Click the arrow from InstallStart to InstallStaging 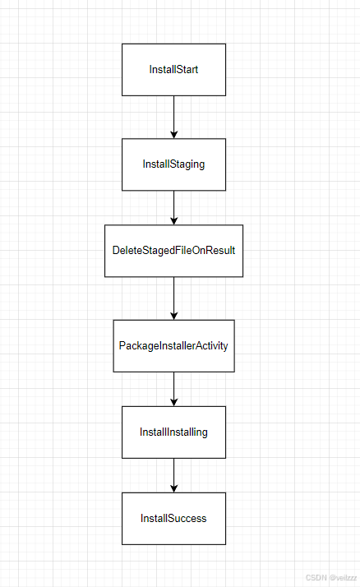click(x=173, y=116)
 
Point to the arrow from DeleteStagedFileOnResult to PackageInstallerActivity click(x=173, y=297)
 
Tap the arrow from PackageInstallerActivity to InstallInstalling click(x=173, y=388)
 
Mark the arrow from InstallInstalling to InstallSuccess click(x=173, y=474)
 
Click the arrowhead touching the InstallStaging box click(x=173, y=133)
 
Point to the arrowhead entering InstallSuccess click(x=173, y=488)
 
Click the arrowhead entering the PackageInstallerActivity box click(x=173, y=315)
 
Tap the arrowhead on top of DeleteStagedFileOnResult click(x=173, y=220)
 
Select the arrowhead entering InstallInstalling click(x=173, y=401)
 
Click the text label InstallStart click(x=173, y=70)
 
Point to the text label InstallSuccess click(x=173, y=518)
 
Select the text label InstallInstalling click(x=173, y=432)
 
